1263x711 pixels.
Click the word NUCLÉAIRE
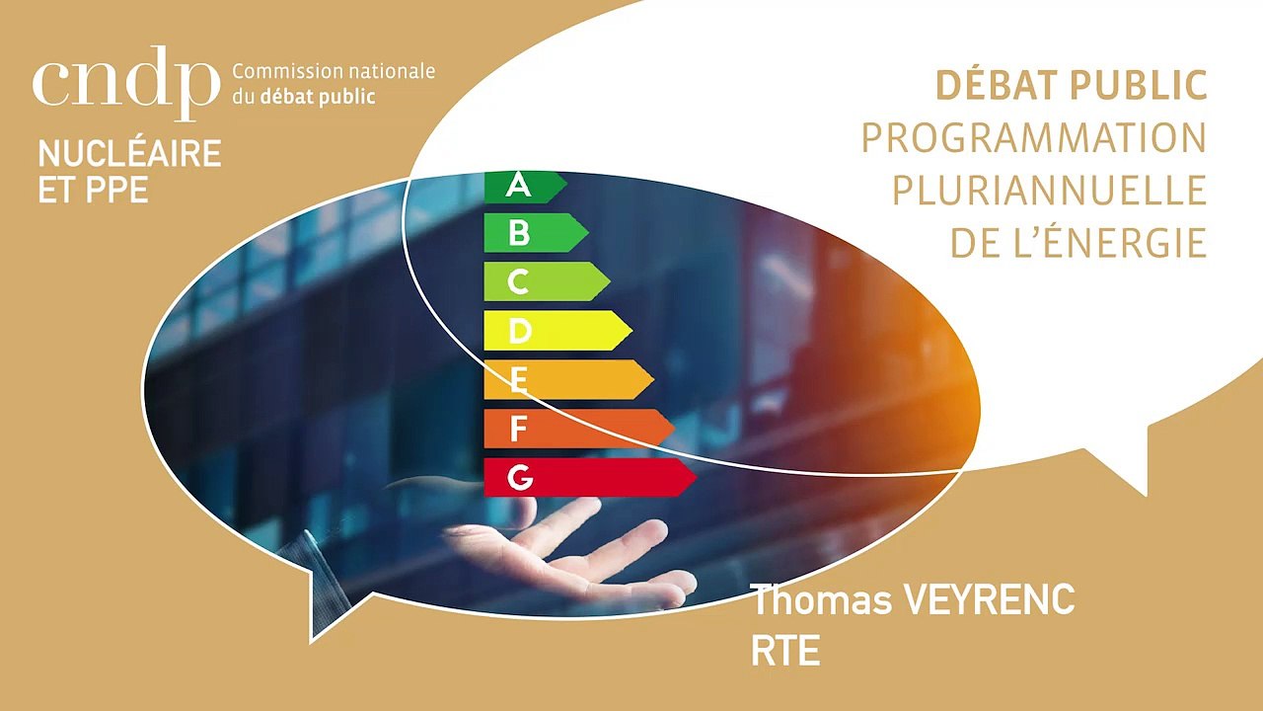(129, 154)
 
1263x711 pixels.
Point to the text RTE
(785, 652)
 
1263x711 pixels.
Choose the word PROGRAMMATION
(1034, 138)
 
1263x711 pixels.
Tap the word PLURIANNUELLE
(1050, 190)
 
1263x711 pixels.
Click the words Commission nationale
(334, 73)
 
